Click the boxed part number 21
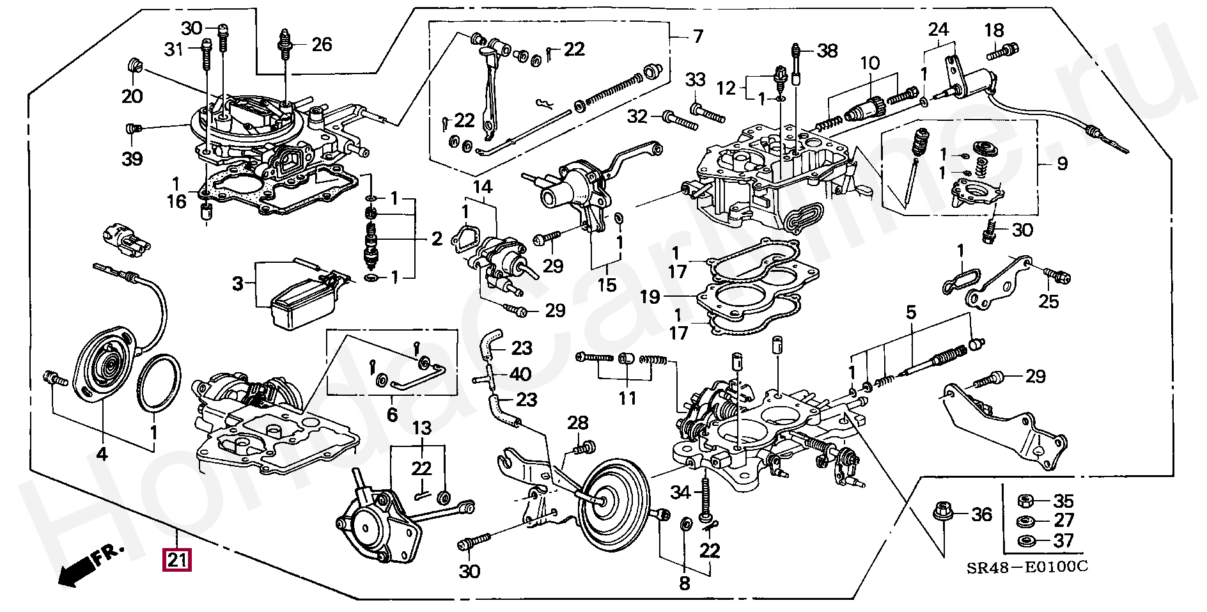(x=177, y=560)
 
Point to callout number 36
(x=981, y=514)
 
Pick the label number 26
(x=322, y=44)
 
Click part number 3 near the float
(x=238, y=283)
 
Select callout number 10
(x=869, y=63)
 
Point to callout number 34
(x=681, y=492)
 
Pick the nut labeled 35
(x=1024, y=500)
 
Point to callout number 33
(x=696, y=80)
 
